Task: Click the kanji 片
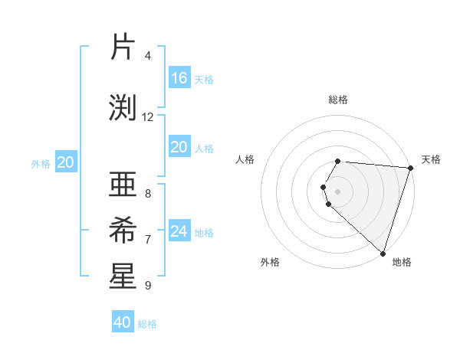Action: click(123, 47)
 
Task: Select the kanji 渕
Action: click(123, 108)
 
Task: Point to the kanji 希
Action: click(123, 230)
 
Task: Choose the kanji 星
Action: click(123, 277)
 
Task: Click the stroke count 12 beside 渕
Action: click(148, 117)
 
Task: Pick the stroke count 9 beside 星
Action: click(148, 286)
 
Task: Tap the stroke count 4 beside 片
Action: click(148, 56)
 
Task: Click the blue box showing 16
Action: click(179, 78)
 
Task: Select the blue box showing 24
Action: click(179, 231)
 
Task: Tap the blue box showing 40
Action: click(123, 322)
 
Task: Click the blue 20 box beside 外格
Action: click(66, 162)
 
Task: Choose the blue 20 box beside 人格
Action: click(179, 147)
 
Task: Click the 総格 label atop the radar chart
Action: click(338, 100)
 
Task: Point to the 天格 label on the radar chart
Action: click(431, 159)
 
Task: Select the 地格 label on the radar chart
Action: click(402, 262)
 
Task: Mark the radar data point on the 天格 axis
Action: click(410, 168)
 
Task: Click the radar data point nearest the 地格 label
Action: click(383, 253)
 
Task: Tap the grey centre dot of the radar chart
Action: click(338, 190)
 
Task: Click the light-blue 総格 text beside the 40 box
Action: click(148, 324)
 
